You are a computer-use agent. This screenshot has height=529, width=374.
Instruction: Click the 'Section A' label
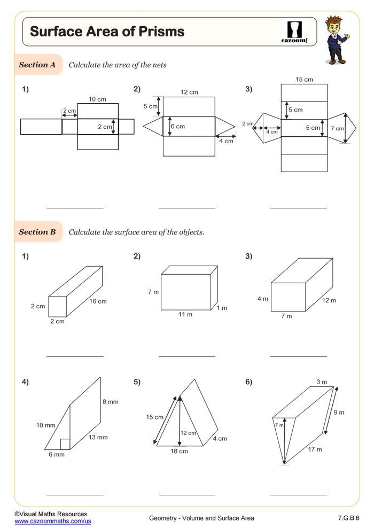pyautogui.click(x=37, y=65)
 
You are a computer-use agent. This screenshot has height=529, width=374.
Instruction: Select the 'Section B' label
pyautogui.click(x=37, y=232)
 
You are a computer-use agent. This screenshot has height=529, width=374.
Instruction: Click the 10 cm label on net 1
pyautogui.click(x=98, y=99)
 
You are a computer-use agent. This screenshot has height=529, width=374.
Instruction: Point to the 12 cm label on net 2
pyautogui.click(x=189, y=92)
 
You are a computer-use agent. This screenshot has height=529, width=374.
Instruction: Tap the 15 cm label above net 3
pyautogui.click(x=304, y=80)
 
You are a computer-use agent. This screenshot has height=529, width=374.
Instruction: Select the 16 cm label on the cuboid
pyautogui.click(x=98, y=301)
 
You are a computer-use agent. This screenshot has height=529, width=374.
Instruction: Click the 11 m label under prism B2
pyautogui.click(x=185, y=315)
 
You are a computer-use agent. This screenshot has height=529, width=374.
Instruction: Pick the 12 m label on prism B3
pyautogui.click(x=329, y=300)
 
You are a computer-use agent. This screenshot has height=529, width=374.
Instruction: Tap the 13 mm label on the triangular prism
pyautogui.click(x=98, y=437)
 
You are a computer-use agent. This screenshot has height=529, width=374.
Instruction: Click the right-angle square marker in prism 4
pyautogui.click(x=65, y=444)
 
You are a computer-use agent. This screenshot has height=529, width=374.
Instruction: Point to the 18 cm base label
pyautogui.click(x=179, y=451)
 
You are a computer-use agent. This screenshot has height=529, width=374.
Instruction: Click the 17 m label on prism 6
pyautogui.click(x=315, y=449)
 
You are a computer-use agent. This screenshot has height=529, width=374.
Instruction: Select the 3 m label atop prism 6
pyautogui.click(x=322, y=382)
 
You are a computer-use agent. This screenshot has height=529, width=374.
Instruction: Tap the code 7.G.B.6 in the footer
pyautogui.click(x=348, y=518)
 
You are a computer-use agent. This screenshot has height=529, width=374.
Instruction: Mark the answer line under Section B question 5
pyautogui.click(x=186, y=495)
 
